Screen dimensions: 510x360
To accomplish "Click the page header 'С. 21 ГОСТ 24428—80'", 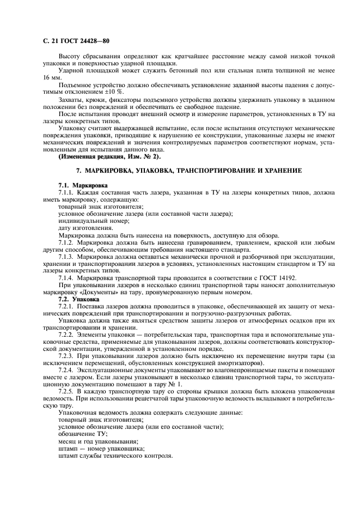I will coord(70,40).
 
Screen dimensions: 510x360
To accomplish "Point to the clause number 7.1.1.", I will coord(66,193).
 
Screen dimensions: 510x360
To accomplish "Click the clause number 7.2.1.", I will coord(66,306).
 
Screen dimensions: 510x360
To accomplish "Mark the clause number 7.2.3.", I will coord(66,356).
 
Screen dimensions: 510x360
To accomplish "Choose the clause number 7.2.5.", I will coord(66,391).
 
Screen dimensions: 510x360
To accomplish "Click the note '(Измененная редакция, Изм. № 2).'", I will coord(107,157).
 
